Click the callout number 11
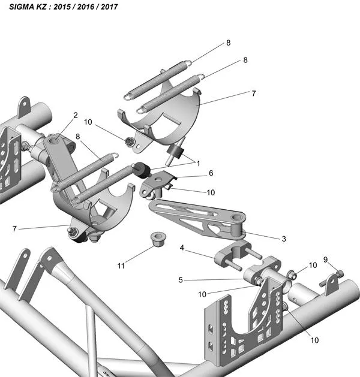[x=121, y=266]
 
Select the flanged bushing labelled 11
[x=158, y=239]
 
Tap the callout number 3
[x=284, y=239]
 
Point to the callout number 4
[x=182, y=248]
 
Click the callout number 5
[x=181, y=280]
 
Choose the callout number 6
[x=211, y=173]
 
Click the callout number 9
[x=326, y=260]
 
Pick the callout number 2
[x=76, y=115]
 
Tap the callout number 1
[x=199, y=164]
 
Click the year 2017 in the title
[x=109, y=7]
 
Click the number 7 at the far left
[x=14, y=228]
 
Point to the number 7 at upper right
[x=254, y=94]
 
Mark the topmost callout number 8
[x=229, y=43]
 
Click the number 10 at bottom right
[x=314, y=340]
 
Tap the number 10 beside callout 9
[x=313, y=265]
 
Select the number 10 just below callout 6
[x=211, y=192]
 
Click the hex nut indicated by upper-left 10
[x=129, y=141]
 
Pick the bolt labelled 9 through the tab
[x=332, y=279]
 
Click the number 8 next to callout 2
[x=78, y=137]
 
